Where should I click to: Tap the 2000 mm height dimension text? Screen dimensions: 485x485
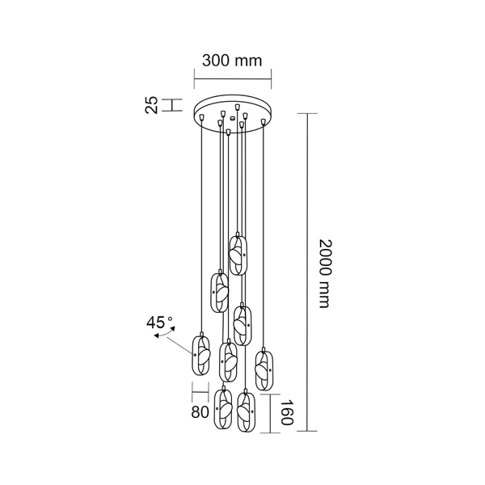325,274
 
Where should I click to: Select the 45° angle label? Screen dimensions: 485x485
159,321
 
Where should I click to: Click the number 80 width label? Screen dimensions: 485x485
200,411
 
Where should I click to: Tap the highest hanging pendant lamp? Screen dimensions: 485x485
238,255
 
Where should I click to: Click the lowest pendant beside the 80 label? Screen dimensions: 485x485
223,410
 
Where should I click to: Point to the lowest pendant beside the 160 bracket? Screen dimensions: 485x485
246,414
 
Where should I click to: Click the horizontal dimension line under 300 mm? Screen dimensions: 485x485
233,78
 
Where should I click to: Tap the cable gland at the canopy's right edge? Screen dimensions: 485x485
264,121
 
